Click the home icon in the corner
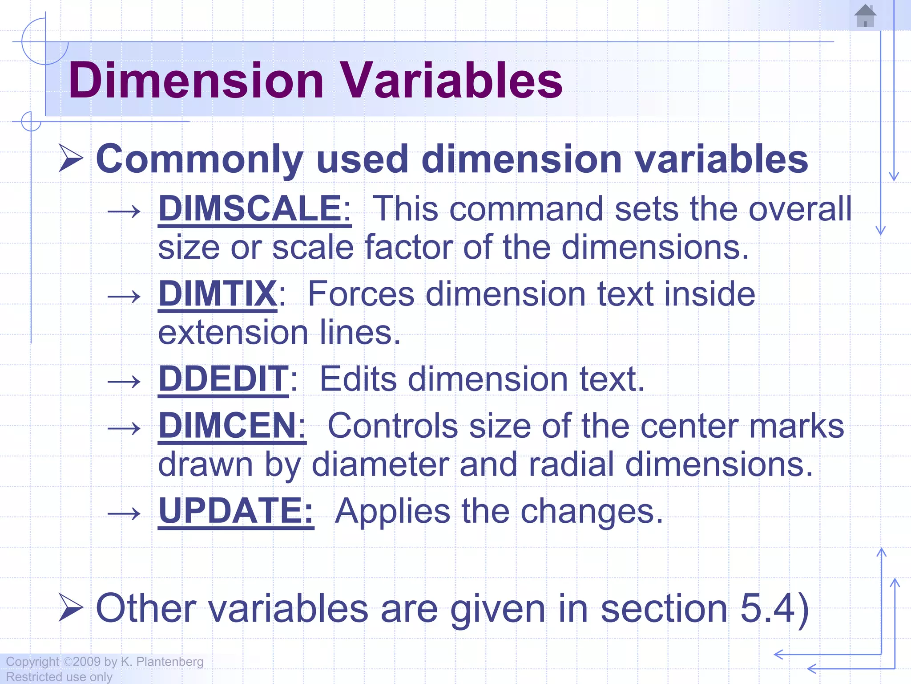tap(865, 16)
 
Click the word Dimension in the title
tap(196, 81)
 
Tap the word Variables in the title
tap(451, 81)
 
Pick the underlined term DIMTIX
tap(218, 294)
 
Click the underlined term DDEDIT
tap(224, 379)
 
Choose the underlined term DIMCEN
tap(227, 426)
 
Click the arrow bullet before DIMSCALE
tap(124, 212)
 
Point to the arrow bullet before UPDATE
tap(124, 514)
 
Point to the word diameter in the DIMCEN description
tap(380, 464)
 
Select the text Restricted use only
tap(59, 677)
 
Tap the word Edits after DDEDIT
tap(358, 379)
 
